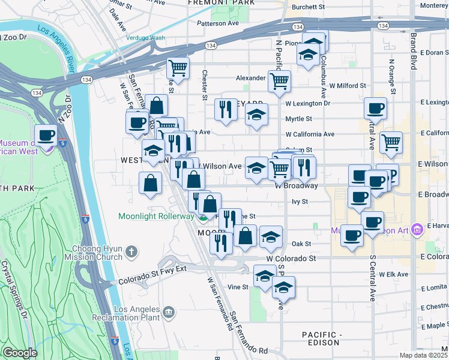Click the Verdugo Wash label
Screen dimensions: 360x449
click(145, 38)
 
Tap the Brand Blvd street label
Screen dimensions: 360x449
click(413, 52)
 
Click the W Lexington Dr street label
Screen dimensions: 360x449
click(308, 103)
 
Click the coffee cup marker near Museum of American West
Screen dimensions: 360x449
click(46, 136)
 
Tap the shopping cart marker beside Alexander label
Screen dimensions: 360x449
click(279, 81)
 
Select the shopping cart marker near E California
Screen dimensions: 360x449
click(391, 143)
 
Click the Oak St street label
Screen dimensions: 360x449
click(301, 244)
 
